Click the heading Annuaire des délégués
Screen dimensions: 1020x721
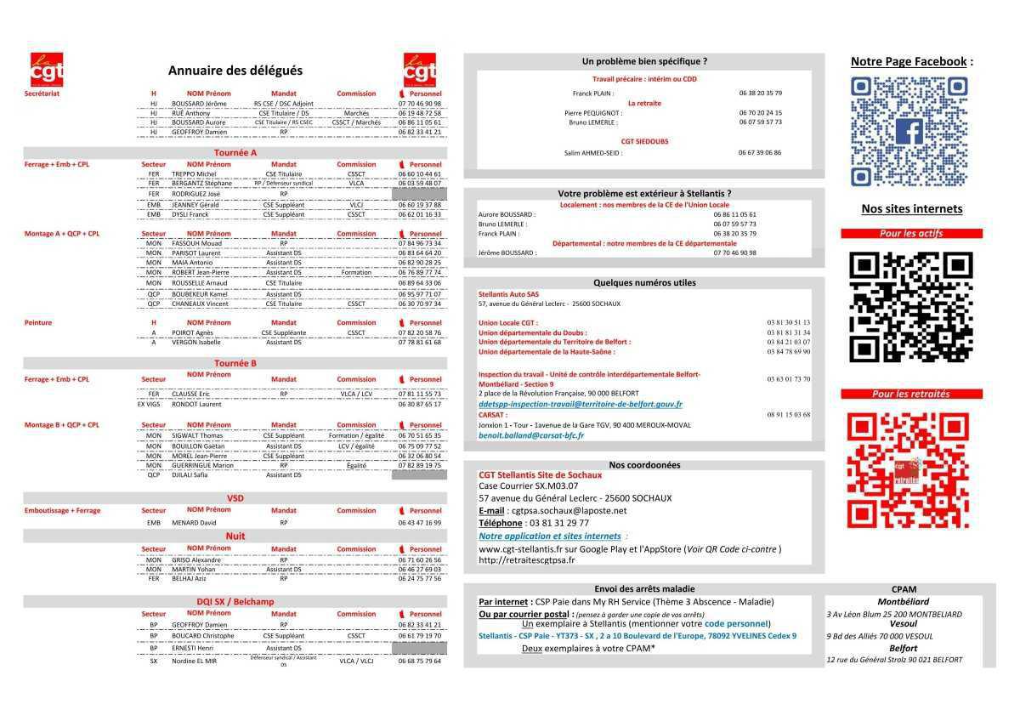[x=235, y=71]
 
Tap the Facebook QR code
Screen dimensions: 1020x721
[x=909, y=132]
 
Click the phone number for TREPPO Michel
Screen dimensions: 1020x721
[x=420, y=174]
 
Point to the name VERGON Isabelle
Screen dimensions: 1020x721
[x=196, y=343]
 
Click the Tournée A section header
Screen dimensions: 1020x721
[x=235, y=153]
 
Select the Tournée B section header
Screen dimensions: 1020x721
[x=235, y=363]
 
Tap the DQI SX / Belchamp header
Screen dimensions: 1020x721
[x=235, y=602]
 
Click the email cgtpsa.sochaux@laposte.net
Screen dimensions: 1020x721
[x=569, y=511]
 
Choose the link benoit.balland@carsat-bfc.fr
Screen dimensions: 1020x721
[x=531, y=435]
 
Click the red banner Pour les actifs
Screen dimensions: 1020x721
[x=911, y=234]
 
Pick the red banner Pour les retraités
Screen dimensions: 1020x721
[x=911, y=395]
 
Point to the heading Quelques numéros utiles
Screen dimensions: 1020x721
[x=644, y=283]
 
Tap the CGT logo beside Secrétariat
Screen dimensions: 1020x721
[x=47, y=70]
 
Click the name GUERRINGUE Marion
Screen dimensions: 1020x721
[x=202, y=466]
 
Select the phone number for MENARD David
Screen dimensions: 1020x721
[x=420, y=523]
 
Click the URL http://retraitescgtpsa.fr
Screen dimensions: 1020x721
[x=527, y=560]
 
